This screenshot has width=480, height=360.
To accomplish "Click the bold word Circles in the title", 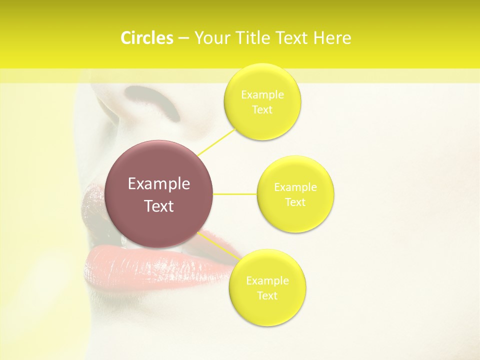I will pos(146,38).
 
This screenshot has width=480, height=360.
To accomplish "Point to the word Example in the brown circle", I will pos(159,184).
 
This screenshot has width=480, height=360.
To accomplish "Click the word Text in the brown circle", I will pos(159,206).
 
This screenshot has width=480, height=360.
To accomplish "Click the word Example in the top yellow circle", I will pos(262,95).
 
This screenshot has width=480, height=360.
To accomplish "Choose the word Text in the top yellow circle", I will pos(262,110).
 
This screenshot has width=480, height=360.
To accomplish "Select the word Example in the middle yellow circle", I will pos(295,187).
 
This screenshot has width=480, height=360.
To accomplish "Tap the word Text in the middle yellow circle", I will pos(295,202).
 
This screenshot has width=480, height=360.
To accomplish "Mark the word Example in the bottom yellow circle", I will pos(267,281).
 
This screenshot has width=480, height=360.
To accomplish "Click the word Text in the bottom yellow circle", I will pos(267,296).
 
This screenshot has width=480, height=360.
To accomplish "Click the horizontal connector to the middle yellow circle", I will pos(235,194).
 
